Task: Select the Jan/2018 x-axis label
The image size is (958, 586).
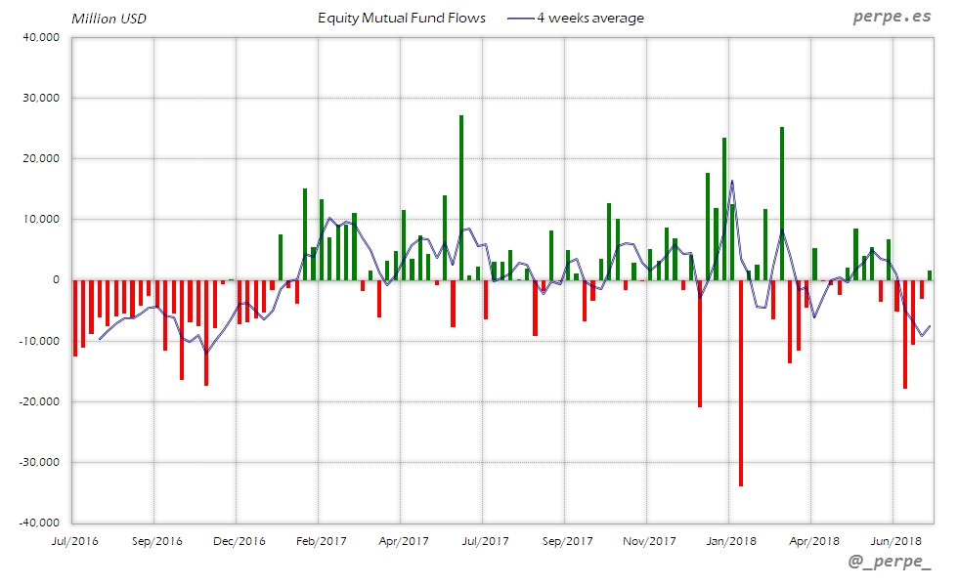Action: (730, 540)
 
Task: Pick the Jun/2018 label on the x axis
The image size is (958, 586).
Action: (894, 540)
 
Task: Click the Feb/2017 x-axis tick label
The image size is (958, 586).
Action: (321, 540)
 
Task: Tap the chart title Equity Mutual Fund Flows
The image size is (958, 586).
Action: (402, 18)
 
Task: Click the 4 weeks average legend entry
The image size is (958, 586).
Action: (577, 18)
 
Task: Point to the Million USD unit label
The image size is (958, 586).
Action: (109, 19)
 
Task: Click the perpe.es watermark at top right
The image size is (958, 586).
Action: (893, 18)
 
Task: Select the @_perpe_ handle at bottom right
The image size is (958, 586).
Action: (890, 563)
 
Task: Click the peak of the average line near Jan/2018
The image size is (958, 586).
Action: (732, 181)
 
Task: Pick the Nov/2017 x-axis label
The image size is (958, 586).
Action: (648, 540)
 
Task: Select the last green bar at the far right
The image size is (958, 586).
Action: (930, 275)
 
